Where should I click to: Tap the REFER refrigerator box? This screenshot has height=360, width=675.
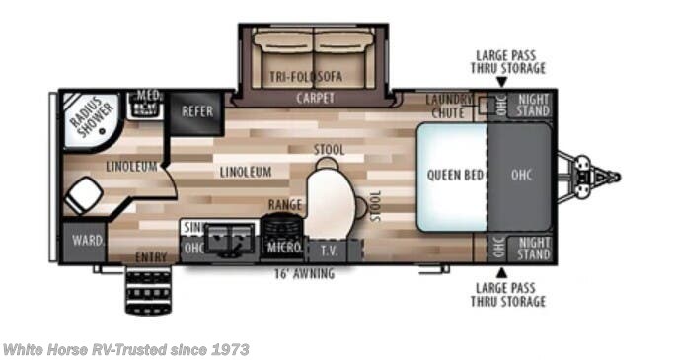point(197,111)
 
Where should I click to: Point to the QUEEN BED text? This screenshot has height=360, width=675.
point(455,176)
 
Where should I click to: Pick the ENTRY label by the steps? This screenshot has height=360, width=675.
point(151,257)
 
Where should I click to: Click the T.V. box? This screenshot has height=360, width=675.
point(329,250)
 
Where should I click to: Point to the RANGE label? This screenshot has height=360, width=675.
point(284,205)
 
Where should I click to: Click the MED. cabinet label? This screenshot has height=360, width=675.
point(149,97)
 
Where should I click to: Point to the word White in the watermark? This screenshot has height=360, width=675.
point(22,349)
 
